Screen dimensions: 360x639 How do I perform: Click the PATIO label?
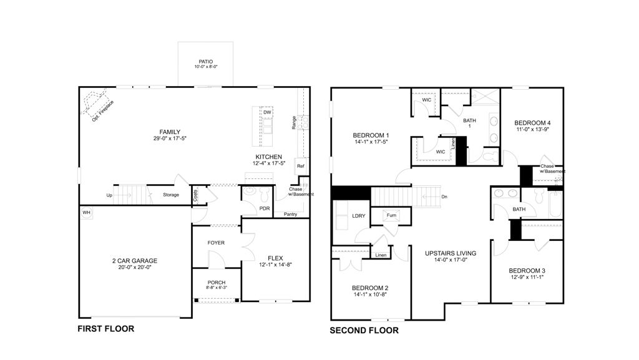pos(205,61)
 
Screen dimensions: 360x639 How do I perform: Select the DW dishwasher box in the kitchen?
pos(266,112)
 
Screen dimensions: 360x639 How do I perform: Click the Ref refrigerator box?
pos(300,166)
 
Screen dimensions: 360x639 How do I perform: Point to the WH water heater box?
pos(85,213)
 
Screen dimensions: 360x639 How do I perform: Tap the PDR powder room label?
pos(264,208)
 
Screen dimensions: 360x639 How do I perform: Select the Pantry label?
pos(290,215)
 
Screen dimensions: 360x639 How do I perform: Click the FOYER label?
pos(216,243)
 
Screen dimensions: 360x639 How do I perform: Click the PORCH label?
pos(216,283)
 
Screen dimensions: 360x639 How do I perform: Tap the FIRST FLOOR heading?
pos(105,328)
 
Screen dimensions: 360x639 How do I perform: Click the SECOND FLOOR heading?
pos(364,331)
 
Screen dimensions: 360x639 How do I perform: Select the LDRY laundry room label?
pos(359,216)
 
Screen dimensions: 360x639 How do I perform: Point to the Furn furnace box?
pos(392,215)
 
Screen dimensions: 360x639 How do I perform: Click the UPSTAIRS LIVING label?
pos(451,253)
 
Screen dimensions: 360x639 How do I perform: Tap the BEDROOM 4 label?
pos(532,123)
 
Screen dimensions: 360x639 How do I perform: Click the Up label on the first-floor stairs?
pos(110,195)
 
